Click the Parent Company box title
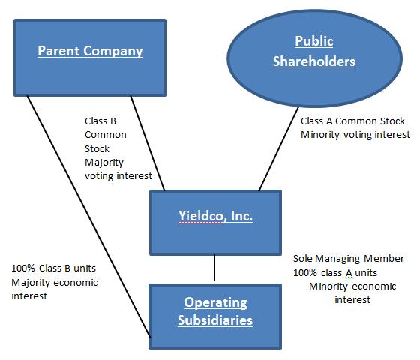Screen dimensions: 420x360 click(90, 51)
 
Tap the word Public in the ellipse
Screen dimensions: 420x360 click(314, 41)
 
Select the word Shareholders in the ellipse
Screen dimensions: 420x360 click(314, 61)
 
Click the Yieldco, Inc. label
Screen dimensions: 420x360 click(216, 216)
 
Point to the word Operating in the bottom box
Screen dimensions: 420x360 click(215, 303)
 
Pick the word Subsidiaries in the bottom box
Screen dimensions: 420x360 click(215, 320)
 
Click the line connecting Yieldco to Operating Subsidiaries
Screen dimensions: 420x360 click(214, 268)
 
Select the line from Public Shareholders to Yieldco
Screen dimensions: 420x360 click(278, 149)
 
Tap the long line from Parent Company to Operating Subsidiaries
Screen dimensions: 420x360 click(89, 217)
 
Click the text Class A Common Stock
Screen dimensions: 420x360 click(352, 121)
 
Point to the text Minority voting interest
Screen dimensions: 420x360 click(355, 135)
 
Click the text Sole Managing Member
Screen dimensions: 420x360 click(349, 259)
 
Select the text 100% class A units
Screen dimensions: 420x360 click(335, 273)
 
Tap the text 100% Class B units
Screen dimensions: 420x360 click(53, 268)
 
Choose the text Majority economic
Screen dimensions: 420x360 click(55, 283)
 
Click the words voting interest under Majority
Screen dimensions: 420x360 click(118, 176)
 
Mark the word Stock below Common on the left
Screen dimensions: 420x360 click(97, 148)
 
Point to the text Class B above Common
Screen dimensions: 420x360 click(100, 121)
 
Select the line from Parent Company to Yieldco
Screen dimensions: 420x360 click(148, 143)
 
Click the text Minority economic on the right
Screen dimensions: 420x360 click(352, 286)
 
